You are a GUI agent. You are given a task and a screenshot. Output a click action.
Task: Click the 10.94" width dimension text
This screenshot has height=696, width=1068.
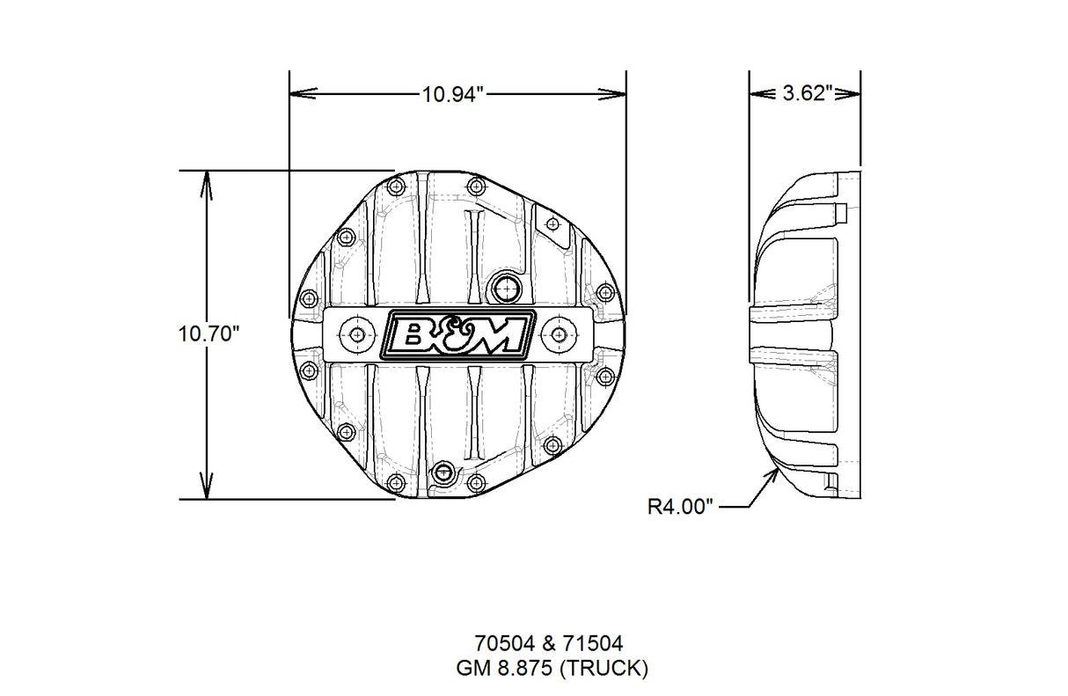tap(453, 93)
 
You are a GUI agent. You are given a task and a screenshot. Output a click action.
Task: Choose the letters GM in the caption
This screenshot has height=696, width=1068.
tap(471, 669)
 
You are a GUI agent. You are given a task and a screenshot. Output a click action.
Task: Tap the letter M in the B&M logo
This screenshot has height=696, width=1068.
tap(502, 335)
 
